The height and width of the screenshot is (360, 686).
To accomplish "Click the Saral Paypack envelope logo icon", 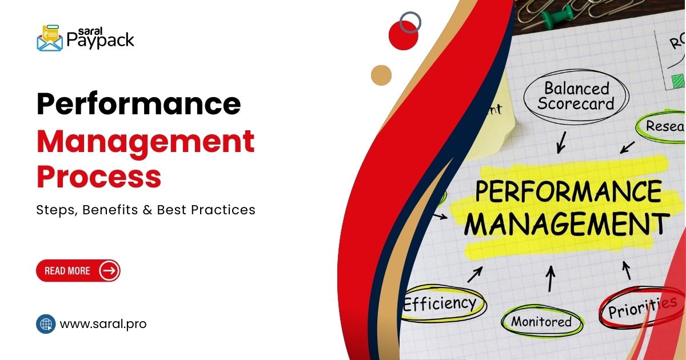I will pos(50,38).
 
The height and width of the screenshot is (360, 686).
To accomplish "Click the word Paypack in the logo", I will pos(100,40).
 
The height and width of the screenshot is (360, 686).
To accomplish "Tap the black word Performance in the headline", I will pos(139,105).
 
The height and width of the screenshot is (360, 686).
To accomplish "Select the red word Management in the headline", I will pos(146,141).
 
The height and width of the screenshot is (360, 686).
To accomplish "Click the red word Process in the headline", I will pos(99,177).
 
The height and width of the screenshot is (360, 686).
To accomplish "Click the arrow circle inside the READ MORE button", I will pos(109,270).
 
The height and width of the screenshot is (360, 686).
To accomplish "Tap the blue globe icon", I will pos(46,324).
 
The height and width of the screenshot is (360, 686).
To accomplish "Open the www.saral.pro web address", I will pos(103,324).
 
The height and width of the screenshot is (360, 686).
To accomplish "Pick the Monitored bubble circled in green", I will pos(541,322).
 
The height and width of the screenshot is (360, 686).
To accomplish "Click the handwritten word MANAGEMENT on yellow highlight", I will pos(566,224).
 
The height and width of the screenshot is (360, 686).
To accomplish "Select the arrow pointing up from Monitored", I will pos(551,278).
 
